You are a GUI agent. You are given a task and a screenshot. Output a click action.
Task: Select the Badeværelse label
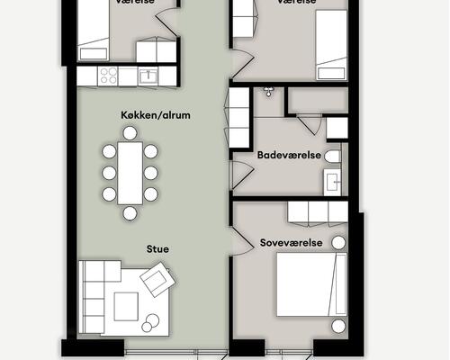[289, 155]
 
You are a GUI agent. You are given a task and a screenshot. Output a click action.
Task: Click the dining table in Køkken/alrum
[130, 172]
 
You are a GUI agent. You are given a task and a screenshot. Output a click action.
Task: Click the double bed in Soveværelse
[310, 283]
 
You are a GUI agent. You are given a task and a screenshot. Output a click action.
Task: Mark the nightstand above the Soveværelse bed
[337, 243]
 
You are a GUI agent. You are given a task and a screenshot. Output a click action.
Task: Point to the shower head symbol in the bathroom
[268, 91]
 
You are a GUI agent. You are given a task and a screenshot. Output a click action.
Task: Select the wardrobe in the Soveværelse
[316, 212]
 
